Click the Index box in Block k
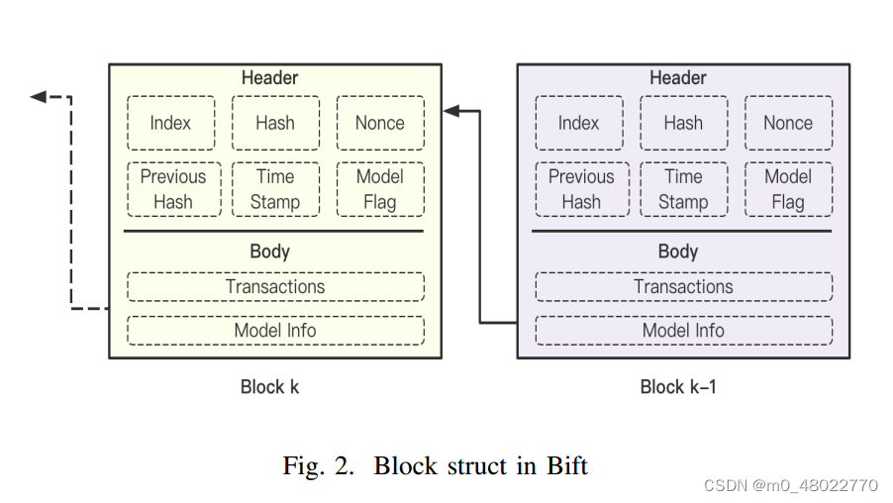pyautogui.click(x=170, y=123)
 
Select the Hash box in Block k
pyautogui.click(x=275, y=123)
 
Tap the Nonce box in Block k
pyautogui.click(x=380, y=123)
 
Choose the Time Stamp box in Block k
pyautogui.click(x=275, y=189)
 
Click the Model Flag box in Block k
pyautogui.click(x=380, y=189)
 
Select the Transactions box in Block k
pyautogui.click(x=275, y=287)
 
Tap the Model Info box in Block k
pyautogui.click(x=275, y=331)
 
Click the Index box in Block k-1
pyautogui.click(x=579, y=123)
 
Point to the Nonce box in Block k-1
pyautogui.click(x=788, y=123)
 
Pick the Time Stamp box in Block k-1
pyautogui.click(x=683, y=189)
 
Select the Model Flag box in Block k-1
pyautogui.click(x=788, y=189)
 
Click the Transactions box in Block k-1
pyautogui.click(x=683, y=287)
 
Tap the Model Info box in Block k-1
pyautogui.click(x=683, y=331)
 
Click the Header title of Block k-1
pyautogui.click(x=678, y=77)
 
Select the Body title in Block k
pyautogui.click(x=269, y=251)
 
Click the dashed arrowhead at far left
pyautogui.click(x=38, y=96)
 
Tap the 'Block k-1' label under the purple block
pyautogui.click(x=678, y=387)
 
